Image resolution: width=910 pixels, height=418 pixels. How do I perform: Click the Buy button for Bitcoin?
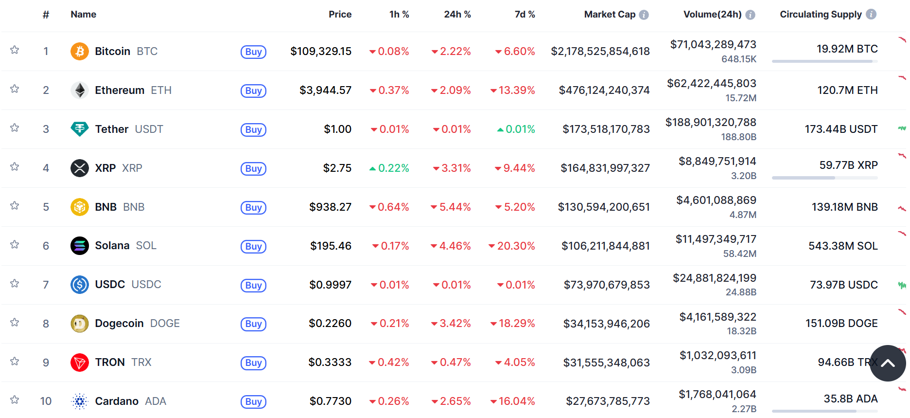coord(253,52)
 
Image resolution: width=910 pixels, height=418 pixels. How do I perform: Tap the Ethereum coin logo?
coord(80,90)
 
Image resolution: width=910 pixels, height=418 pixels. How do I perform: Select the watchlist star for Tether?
coord(15,128)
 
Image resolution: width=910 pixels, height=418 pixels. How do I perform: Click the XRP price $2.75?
coord(337,168)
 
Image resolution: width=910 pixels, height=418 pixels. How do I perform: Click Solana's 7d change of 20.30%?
coord(512,246)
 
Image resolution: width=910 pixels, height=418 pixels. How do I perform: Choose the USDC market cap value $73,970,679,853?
coord(606,285)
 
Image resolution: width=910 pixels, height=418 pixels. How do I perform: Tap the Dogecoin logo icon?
coord(80,324)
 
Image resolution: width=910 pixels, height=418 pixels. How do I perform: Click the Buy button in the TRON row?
coord(253,363)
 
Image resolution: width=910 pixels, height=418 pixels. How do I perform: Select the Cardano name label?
coord(117,401)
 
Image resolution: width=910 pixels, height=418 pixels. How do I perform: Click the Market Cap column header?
coord(610,15)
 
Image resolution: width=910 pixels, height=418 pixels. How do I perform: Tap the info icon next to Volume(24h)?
coord(751,15)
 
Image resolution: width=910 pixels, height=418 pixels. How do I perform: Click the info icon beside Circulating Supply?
coord(872,15)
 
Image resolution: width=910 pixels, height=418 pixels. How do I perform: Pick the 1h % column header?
coord(399,15)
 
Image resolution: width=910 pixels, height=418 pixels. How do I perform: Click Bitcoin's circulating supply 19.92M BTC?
coord(847,49)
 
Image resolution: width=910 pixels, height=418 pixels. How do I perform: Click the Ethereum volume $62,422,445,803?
coord(712,83)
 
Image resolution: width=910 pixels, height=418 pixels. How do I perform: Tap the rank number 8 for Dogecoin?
coord(46,324)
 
